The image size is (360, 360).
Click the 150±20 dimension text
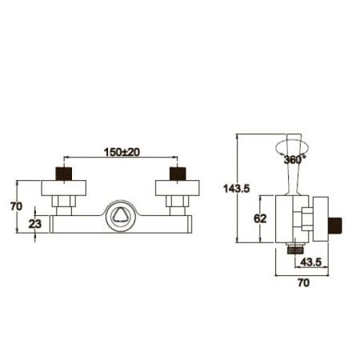point(122,152)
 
